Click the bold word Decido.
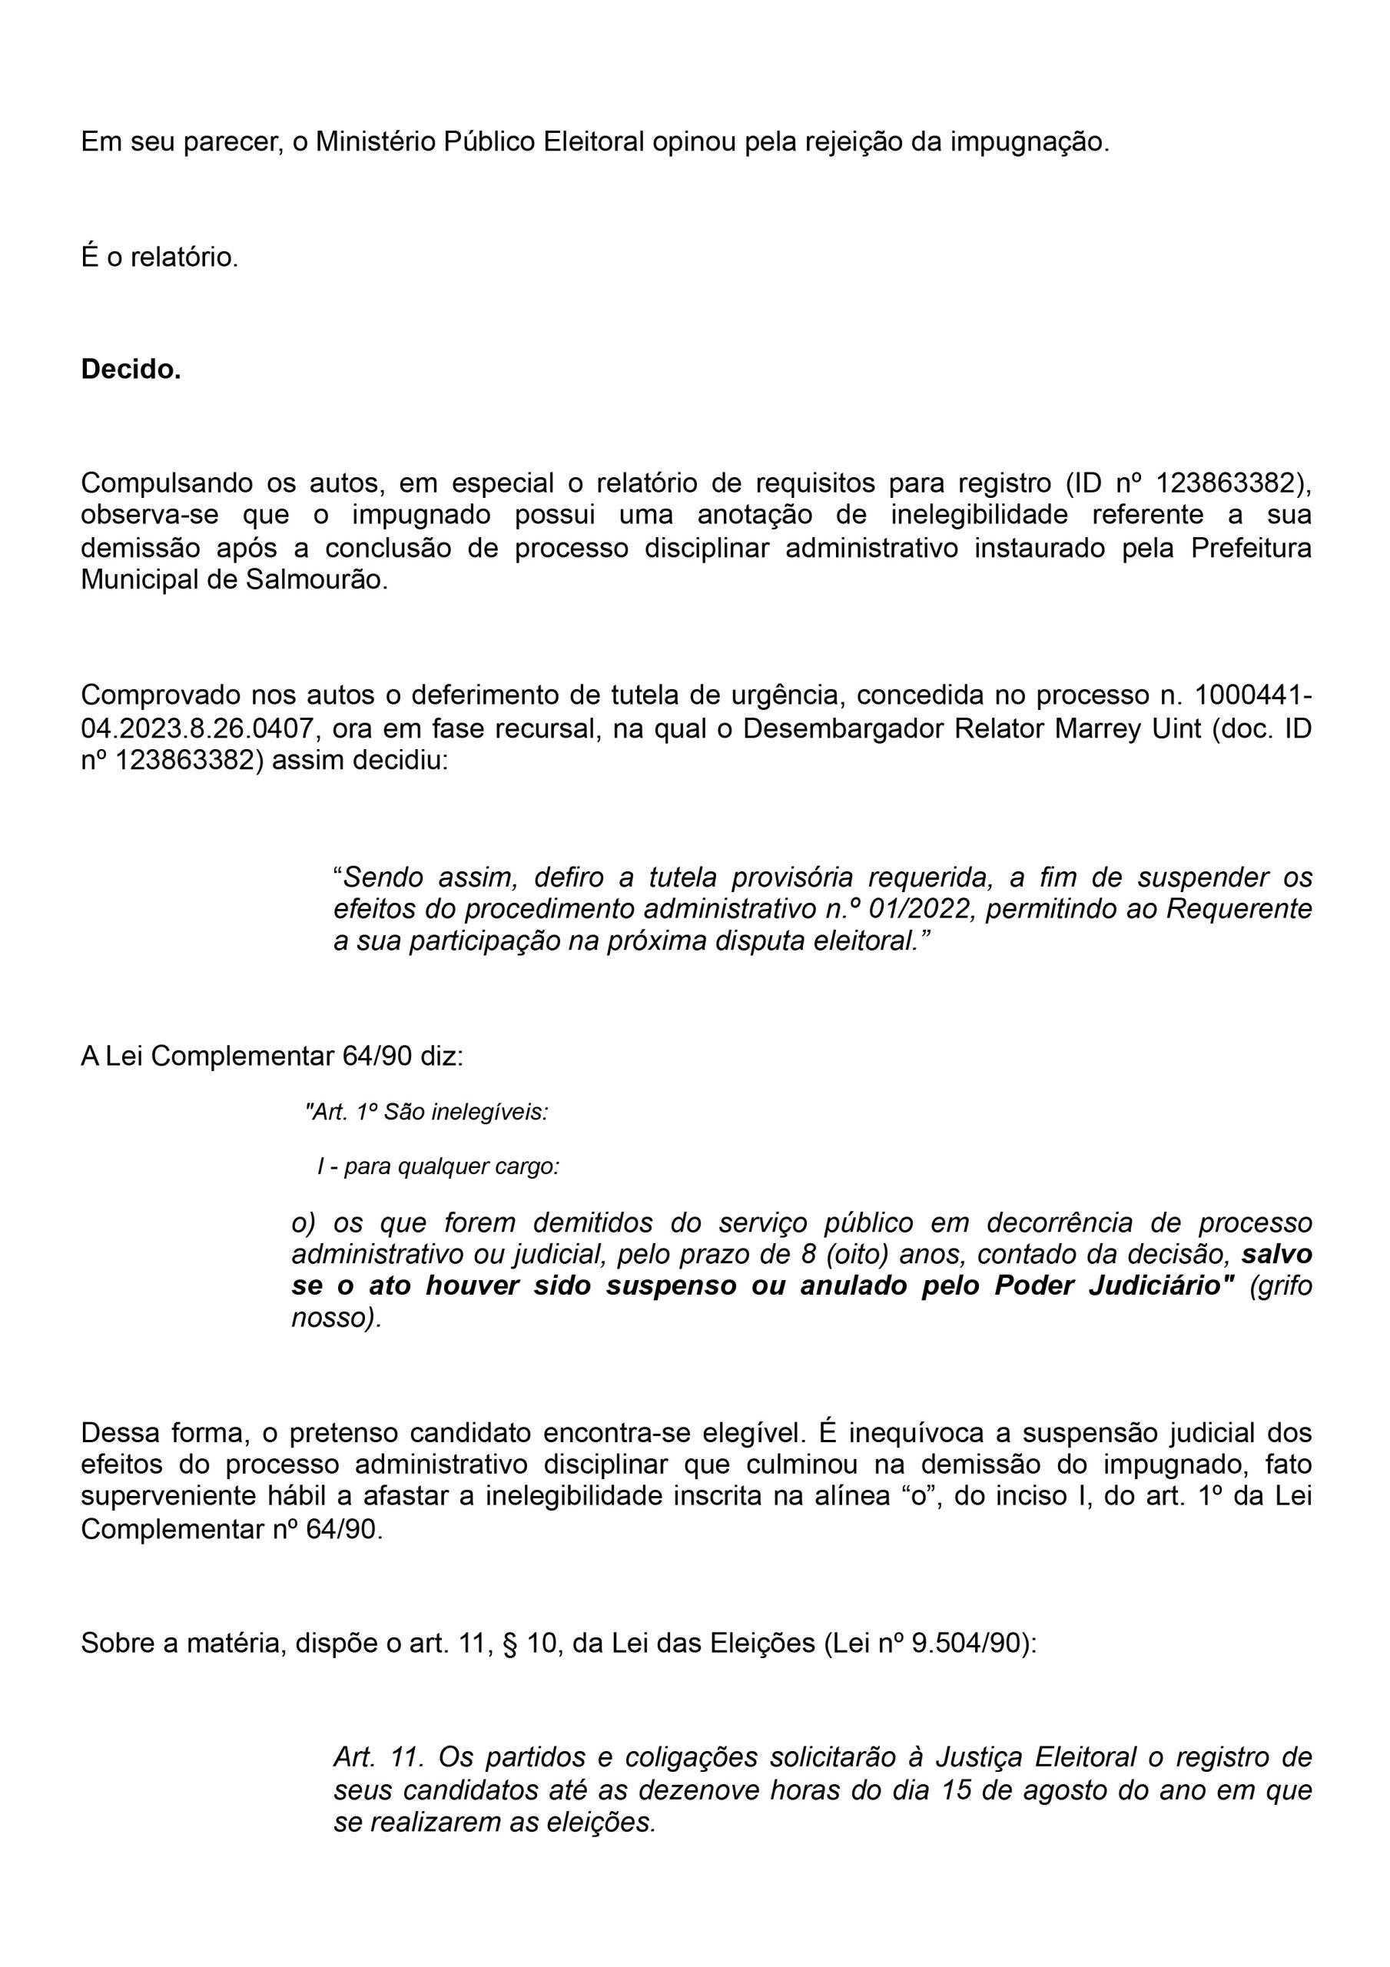click(x=131, y=370)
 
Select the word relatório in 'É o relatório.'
click(x=184, y=256)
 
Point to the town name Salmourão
click(x=317, y=580)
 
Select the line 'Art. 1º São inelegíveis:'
click(x=426, y=1112)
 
